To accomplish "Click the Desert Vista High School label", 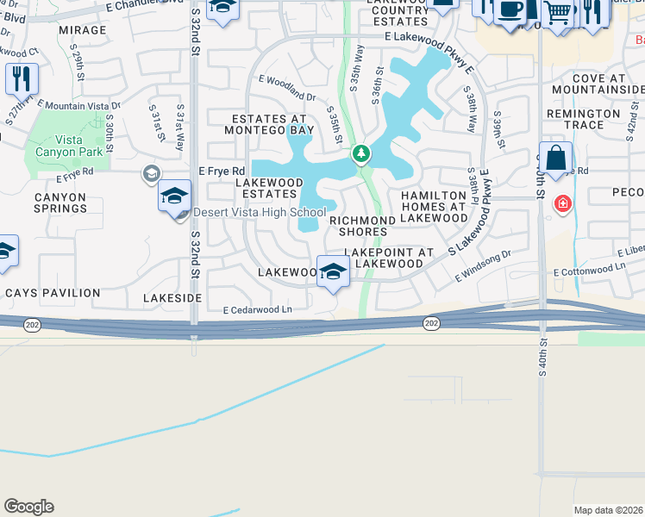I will [x=260, y=213].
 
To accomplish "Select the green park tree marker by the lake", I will [x=361, y=155].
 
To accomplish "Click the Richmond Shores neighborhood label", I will [x=362, y=226].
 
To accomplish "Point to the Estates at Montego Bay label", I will [x=268, y=124].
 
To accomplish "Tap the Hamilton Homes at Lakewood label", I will [x=434, y=207].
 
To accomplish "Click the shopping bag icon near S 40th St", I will [x=556, y=158].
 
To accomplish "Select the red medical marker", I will [x=562, y=203].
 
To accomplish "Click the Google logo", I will [x=28, y=507].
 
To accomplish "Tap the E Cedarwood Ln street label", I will [x=258, y=310].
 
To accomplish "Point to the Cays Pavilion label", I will [x=53, y=293].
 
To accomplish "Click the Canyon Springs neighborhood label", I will [x=59, y=202].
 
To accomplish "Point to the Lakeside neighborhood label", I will [x=173, y=297].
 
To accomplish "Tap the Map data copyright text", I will [x=607, y=510].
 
